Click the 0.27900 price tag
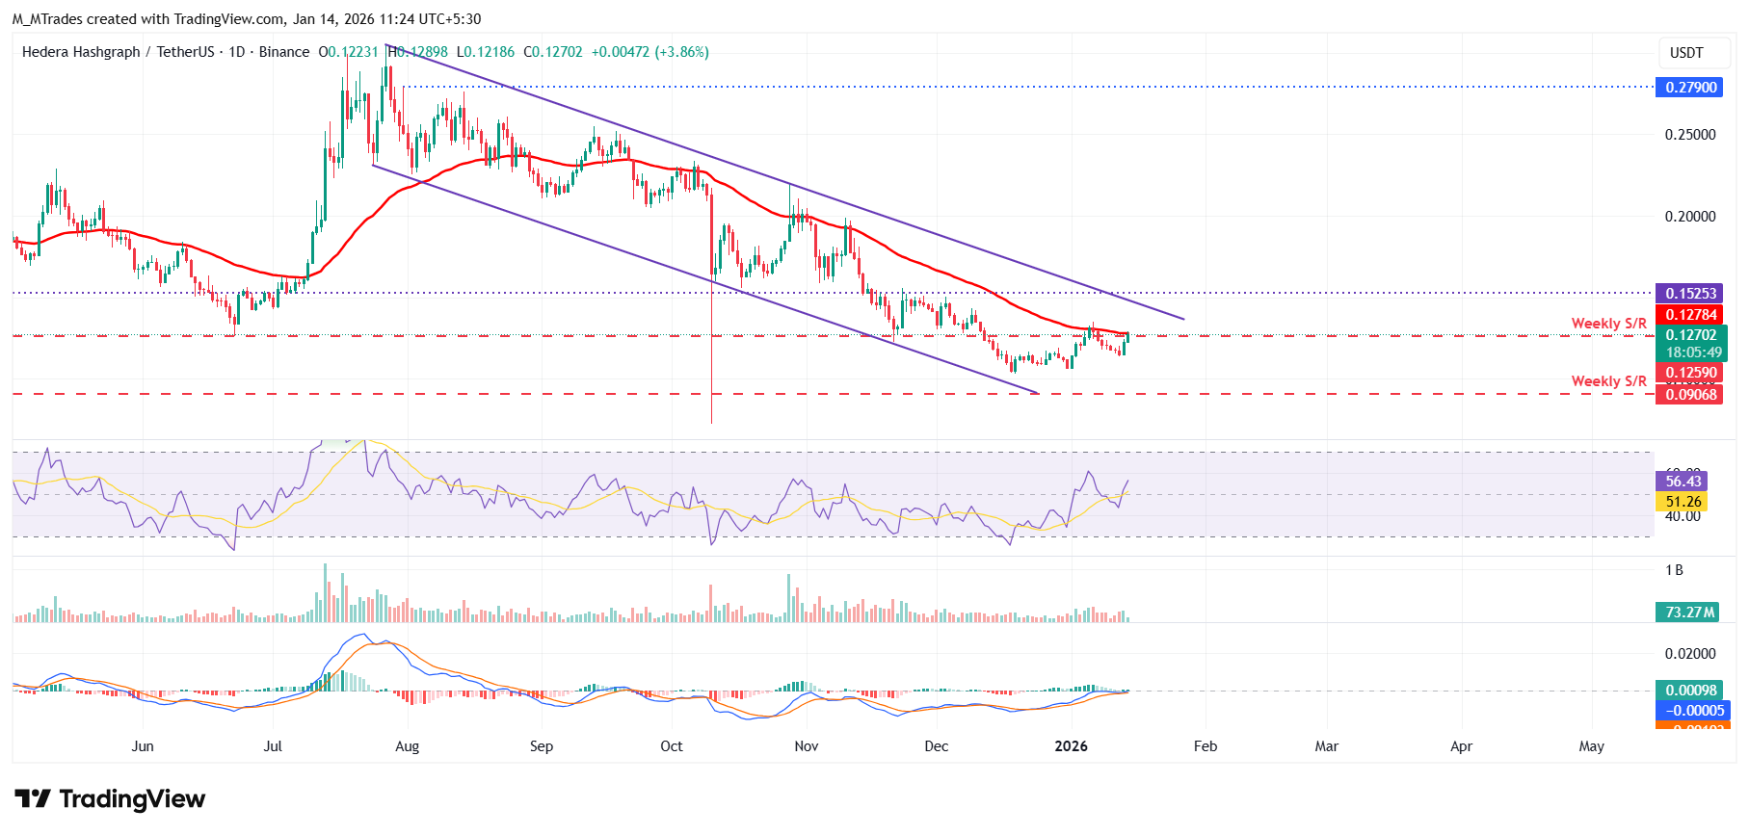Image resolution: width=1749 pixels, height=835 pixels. (x=1691, y=88)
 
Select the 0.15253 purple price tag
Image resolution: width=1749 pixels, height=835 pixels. (x=1691, y=294)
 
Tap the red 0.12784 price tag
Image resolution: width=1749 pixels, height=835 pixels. (x=1691, y=315)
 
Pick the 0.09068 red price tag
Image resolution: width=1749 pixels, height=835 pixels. (x=1691, y=394)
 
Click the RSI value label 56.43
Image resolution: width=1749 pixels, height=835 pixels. (x=1683, y=482)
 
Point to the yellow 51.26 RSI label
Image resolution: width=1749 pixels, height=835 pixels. (x=1683, y=502)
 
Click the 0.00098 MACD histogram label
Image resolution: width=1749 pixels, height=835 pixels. (x=1691, y=691)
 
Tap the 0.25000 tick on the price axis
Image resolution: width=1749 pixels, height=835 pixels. (x=1690, y=135)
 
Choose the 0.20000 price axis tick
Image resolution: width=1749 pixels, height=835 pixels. (x=1690, y=217)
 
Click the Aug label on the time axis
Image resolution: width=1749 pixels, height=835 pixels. (x=408, y=746)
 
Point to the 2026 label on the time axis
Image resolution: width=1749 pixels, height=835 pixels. (x=1071, y=746)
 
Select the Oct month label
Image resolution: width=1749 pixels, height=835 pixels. (x=672, y=746)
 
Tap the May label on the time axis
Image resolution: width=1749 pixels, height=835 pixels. (x=1591, y=746)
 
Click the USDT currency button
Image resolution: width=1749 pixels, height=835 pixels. (x=1686, y=53)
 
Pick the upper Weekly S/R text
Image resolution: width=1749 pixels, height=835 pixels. (x=1608, y=324)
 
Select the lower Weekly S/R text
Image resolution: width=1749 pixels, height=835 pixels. (x=1608, y=381)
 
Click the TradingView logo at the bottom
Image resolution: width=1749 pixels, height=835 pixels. (x=111, y=799)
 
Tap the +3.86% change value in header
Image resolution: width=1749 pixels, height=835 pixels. (x=681, y=52)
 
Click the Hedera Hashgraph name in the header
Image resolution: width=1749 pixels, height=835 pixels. (x=81, y=52)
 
